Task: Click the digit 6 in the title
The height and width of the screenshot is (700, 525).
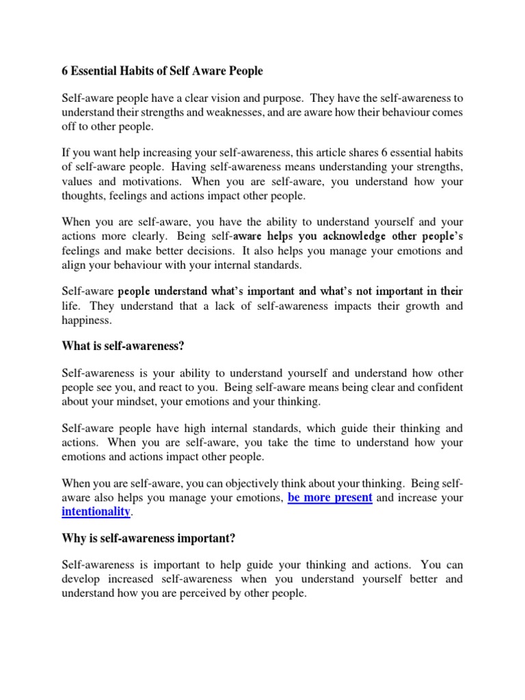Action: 66,71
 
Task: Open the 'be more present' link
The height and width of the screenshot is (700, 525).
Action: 330,498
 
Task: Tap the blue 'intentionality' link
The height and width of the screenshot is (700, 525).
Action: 96,511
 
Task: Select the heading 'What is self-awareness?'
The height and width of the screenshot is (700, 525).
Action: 123,347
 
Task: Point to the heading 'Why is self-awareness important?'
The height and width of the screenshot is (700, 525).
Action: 148,539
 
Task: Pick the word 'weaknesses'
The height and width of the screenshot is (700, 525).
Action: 261,112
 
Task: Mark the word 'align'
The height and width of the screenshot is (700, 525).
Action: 75,265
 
